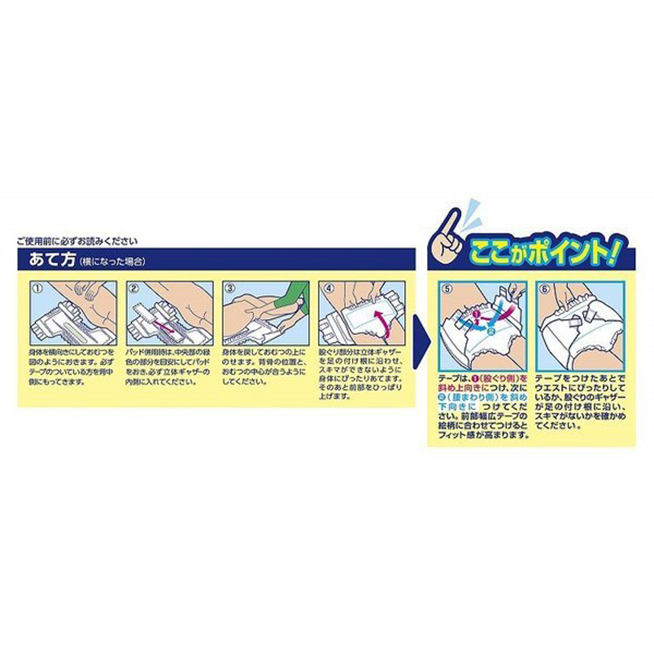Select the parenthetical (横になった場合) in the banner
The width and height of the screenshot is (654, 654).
tap(111, 261)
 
